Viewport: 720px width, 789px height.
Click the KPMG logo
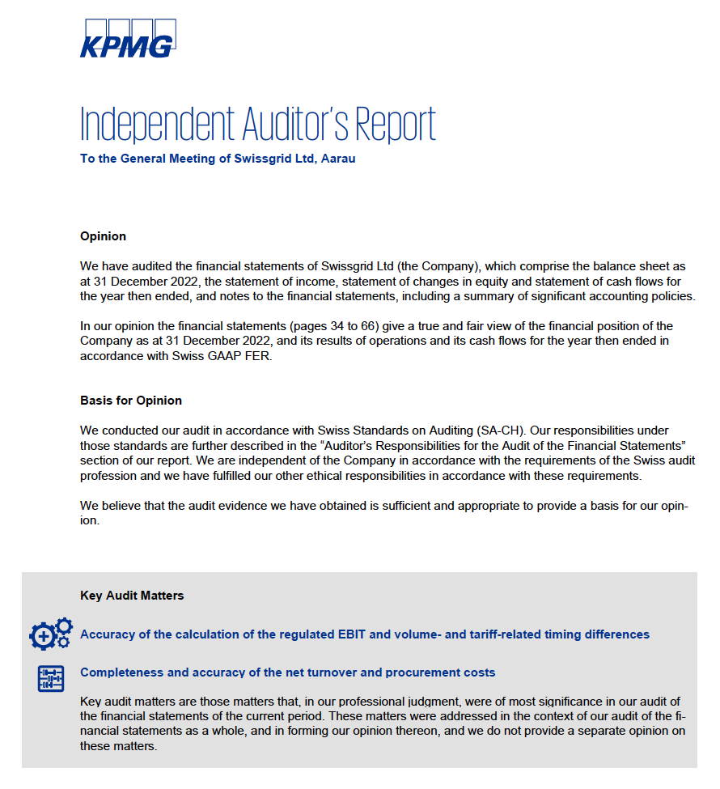tap(127, 40)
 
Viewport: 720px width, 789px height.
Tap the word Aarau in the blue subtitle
tap(338, 159)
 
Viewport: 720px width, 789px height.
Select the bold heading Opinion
tap(103, 236)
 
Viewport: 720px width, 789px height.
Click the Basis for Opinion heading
tap(131, 401)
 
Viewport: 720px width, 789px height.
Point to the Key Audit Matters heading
tap(132, 596)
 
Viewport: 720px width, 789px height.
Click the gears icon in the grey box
tap(50, 634)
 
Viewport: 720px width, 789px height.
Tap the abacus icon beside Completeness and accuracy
tap(50, 678)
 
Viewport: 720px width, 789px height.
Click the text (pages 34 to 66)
tap(332, 326)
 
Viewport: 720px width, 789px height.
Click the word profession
tap(109, 476)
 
